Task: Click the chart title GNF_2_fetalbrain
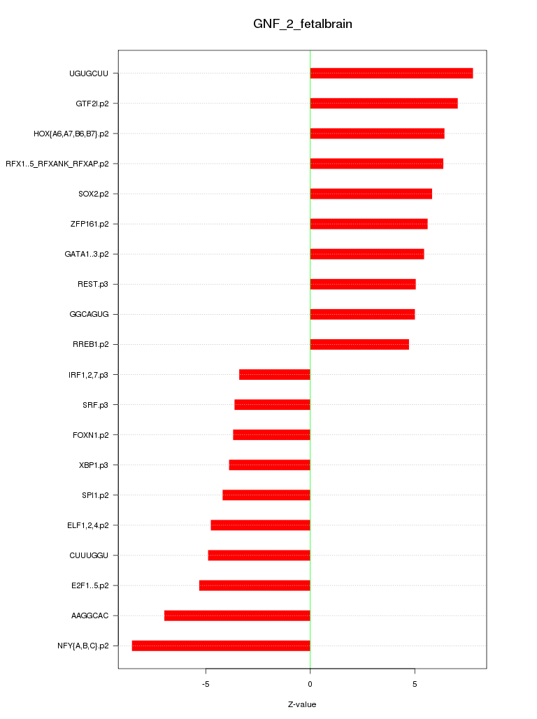click(x=302, y=24)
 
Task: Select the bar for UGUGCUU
click(x=392, y=73)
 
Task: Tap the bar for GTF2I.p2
click(x=384, y=104)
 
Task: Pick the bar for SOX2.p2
click(x=371, y=194)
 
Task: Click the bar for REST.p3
click(x=363, y=284)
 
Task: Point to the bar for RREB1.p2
click(x=359, y=344)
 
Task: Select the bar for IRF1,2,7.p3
click(x=275, y=374)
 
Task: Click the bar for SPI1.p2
click(x=266, y=495)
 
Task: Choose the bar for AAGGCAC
click(x=237, y=615)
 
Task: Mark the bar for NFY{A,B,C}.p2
click(x=221, y=646)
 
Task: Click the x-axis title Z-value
click(x=302, y=704)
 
